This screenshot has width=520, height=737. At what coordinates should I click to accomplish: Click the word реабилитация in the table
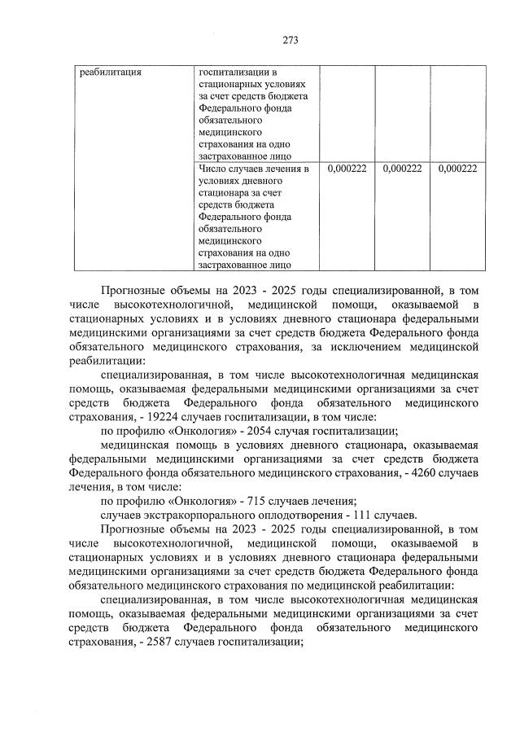(111, 72)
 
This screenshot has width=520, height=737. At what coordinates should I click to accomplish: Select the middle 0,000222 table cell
(400, 169)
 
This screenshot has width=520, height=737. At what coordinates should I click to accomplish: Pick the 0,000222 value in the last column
(457, 169)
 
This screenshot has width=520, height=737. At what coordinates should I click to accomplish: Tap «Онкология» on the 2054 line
(189, 430)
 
